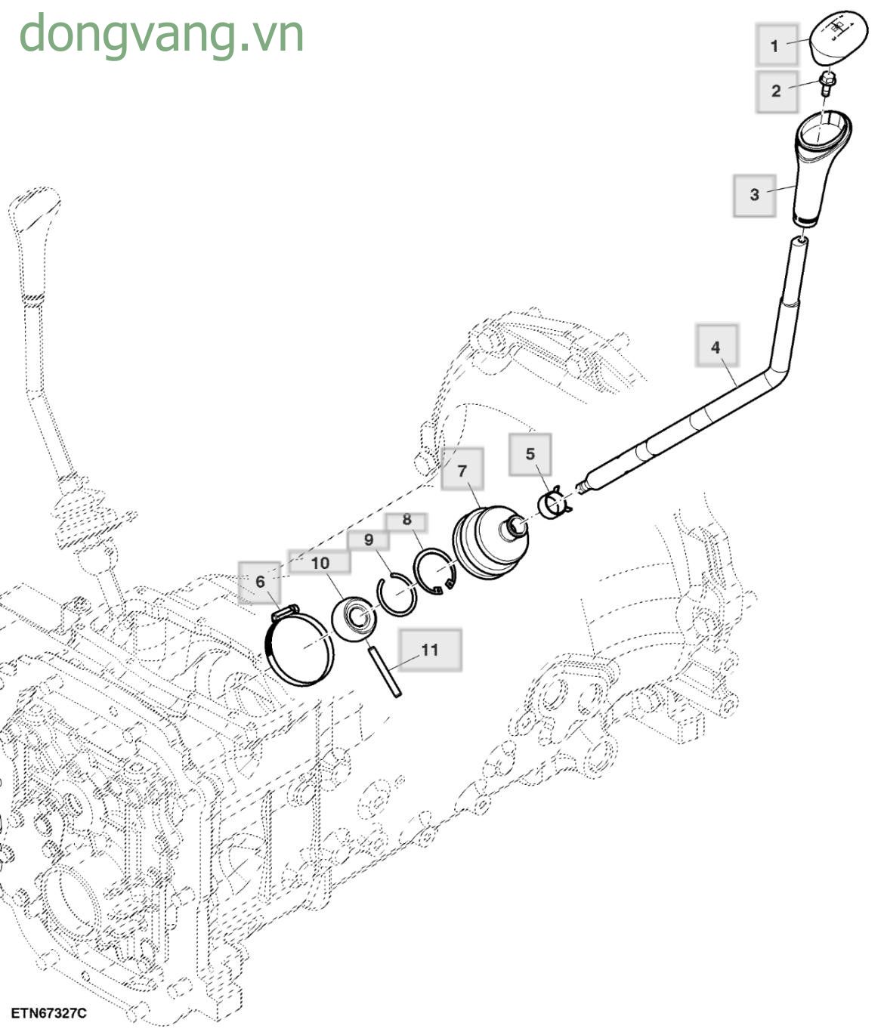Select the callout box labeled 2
coord(776,91)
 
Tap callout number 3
coord(754,194)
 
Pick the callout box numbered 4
coord(716,347)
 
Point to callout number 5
coord(530,454)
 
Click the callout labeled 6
coord(260,582)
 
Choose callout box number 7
coord(462,470)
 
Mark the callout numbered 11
coord(429,650)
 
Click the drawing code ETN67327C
coord(48,1012)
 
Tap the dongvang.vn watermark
coord(161,34)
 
